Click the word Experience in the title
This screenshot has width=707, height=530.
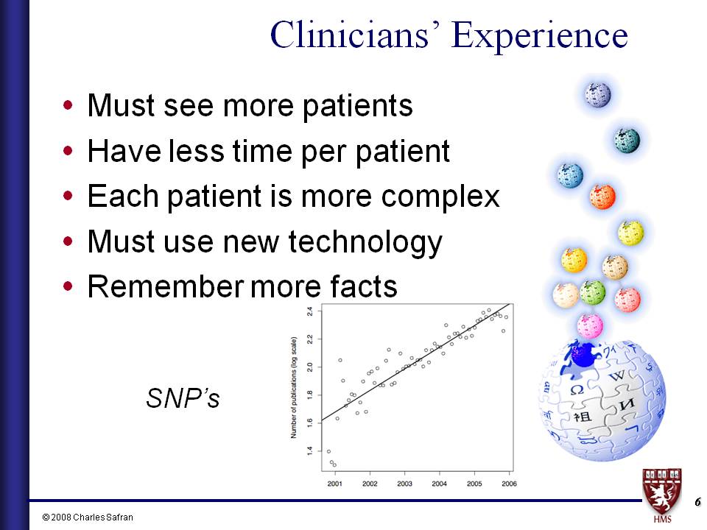539,36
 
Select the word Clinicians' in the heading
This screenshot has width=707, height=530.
354,35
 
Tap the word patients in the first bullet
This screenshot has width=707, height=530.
357,106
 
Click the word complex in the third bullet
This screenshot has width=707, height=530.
440,197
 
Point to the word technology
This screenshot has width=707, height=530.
365,242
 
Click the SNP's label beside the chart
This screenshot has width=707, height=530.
183,398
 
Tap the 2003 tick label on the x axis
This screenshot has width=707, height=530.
404,484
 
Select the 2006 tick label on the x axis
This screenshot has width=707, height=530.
509,484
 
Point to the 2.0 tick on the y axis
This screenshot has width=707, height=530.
310,367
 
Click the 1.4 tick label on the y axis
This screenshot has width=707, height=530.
310,451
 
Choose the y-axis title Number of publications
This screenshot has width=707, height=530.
294,388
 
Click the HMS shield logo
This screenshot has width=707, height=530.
662,495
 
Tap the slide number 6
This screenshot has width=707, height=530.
697,501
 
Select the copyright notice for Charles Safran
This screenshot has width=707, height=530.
88,517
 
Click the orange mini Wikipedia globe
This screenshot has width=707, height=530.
602,197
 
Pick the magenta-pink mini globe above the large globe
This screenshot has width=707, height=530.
590,326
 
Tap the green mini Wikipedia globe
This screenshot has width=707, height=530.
592,292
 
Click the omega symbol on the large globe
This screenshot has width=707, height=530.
577,389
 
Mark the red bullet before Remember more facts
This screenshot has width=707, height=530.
68,286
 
